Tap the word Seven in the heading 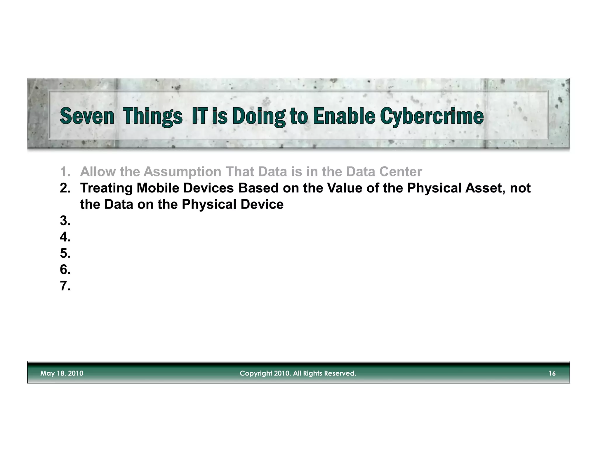(x=87, y=116)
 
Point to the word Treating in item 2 (x=106, y=188)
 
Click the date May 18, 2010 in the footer (x=62, y=373)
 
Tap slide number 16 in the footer (x=552, y=373)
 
